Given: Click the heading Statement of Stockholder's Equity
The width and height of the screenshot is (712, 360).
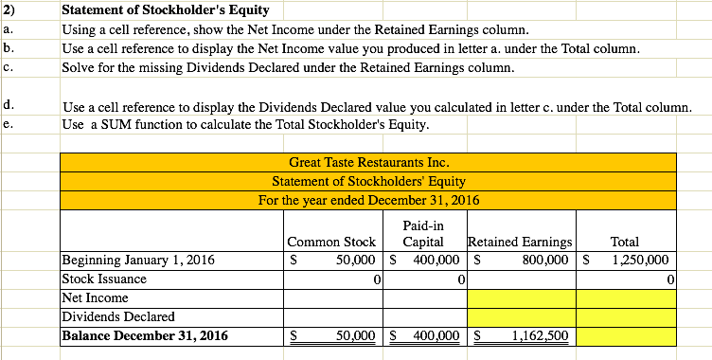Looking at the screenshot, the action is [165, 10].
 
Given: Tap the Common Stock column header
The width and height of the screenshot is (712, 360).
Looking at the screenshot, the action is [331, 242].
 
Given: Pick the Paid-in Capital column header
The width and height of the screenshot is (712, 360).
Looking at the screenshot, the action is [425, 234].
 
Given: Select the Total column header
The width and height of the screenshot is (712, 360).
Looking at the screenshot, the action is [625, 242].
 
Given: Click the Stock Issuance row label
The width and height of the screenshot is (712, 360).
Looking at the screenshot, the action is [104, 279].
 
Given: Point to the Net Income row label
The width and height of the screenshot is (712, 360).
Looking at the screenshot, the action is [95, 297].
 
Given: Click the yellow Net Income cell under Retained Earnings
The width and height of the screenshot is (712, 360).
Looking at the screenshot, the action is [522, 297].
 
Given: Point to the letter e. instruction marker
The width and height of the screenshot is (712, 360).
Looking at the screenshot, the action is [8, 124].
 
